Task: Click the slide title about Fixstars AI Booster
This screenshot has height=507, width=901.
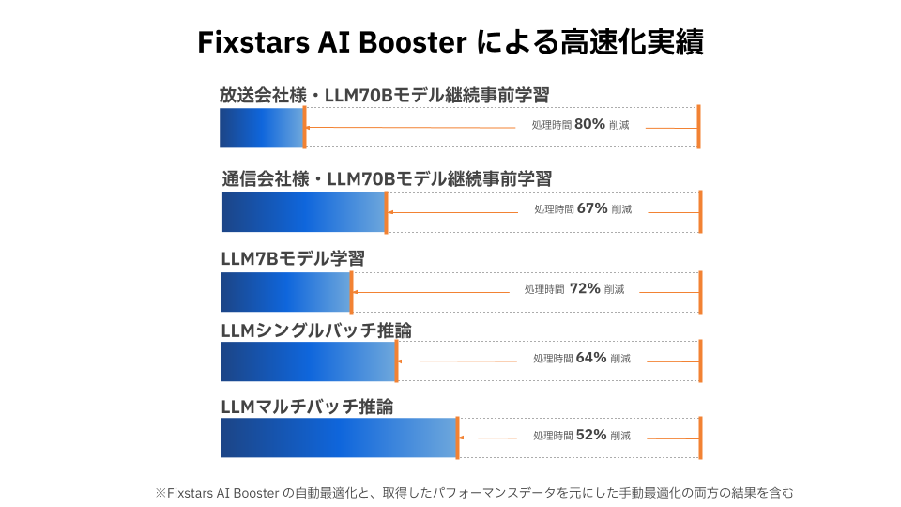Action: (x=450, y=42)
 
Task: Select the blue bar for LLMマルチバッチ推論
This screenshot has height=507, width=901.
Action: (x=338, y=438)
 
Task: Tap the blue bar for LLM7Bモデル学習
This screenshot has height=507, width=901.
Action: (x=285, y=292)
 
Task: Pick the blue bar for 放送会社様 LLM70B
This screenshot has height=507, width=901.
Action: (x=261, y=128)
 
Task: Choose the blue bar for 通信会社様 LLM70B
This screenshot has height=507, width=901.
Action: (x=303, y=212)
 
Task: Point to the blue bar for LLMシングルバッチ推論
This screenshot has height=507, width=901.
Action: (x=308, y=361)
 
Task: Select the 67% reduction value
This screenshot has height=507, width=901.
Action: (x=592, y=208)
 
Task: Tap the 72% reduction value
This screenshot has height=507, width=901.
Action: (x=585, y=289)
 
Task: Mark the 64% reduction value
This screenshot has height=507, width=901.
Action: (x=592, y=358)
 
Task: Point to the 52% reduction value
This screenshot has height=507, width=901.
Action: (x=592, y=435)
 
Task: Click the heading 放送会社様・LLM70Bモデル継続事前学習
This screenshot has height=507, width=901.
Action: (x=384, y=95)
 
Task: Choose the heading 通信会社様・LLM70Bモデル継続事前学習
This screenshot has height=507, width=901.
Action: (x=387, y=178)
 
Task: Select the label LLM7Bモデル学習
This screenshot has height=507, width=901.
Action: (x=292, y=258)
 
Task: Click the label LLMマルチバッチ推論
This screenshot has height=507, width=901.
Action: (x=307, y=407)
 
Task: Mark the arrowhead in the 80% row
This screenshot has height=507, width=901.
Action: (x=310, y=127)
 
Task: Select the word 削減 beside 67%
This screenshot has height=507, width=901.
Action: (x=621, y=209)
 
